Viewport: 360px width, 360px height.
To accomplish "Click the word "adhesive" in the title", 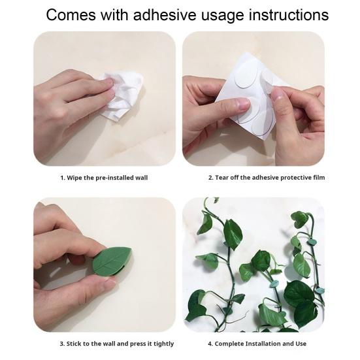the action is click(165, 15).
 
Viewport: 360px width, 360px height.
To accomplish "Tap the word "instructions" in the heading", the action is click(289, 15).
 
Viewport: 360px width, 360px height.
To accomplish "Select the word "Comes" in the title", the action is click(71, 15).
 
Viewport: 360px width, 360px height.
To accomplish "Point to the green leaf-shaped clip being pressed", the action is click(112, 262).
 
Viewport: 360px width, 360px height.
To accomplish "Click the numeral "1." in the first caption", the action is click(63, 178).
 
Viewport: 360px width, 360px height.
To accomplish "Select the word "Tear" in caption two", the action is click(222, 178).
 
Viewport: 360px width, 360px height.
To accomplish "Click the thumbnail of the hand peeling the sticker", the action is click(254, 99).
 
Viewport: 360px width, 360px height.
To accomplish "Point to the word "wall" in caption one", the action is click(141, 178).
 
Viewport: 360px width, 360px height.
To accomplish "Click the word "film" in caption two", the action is click(319, 178).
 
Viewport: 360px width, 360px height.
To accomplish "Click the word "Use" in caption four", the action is click(301, 344).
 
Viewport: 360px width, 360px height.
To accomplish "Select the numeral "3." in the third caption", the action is click(63, 344).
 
